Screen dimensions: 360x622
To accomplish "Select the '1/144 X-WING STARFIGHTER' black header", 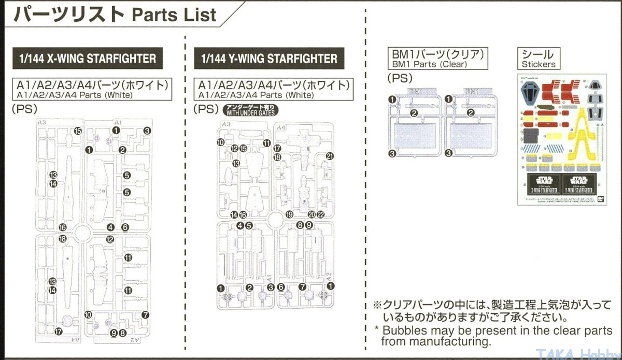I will click(87, 59).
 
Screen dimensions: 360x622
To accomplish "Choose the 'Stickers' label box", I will click(539, 59).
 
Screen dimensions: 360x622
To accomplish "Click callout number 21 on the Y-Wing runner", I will click(330, 156).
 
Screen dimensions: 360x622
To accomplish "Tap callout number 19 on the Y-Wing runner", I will click(289, 214).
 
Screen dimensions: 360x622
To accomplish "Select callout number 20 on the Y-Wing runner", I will click(312, 214).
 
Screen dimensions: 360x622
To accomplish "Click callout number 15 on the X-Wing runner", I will click(78, 131).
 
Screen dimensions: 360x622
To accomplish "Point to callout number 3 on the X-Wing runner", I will click(147, 131).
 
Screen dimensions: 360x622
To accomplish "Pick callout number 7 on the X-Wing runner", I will click(145, 314).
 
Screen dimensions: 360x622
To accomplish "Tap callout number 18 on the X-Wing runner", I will click(63, 239).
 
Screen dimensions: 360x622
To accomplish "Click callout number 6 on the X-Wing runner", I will click(125, 227).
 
